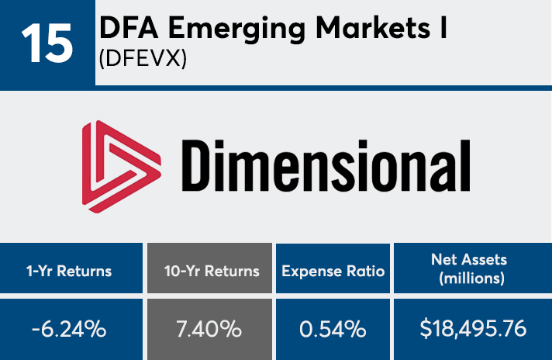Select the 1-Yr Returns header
(x=71, y=271)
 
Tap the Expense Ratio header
(x=333, y=271)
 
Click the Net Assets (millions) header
(x=472, y=271)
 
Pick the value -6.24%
(x=71, y=329)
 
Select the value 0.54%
(x=333, y=329)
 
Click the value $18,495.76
(x=472, y=329)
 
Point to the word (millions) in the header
(x=472, y=279)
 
